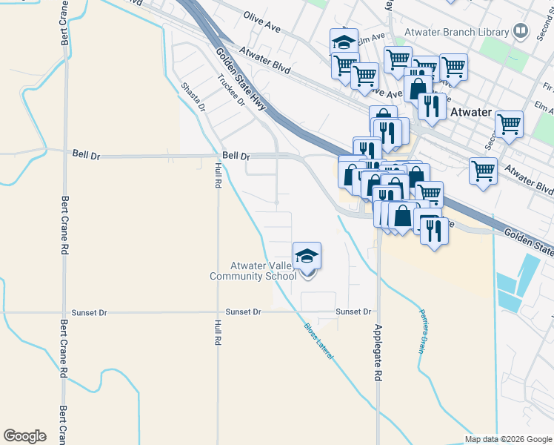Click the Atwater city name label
470,112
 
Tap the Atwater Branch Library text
456,32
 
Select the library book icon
521,31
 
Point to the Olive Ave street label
262,22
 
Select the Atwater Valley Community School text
253,271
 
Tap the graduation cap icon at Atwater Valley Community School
307,257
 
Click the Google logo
24,436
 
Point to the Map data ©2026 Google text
507,439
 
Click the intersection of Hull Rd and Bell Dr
218,156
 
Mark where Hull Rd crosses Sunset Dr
218,312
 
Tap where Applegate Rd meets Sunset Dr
378,312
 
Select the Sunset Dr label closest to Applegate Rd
353,312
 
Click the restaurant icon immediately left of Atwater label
431,106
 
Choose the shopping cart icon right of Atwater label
509,125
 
